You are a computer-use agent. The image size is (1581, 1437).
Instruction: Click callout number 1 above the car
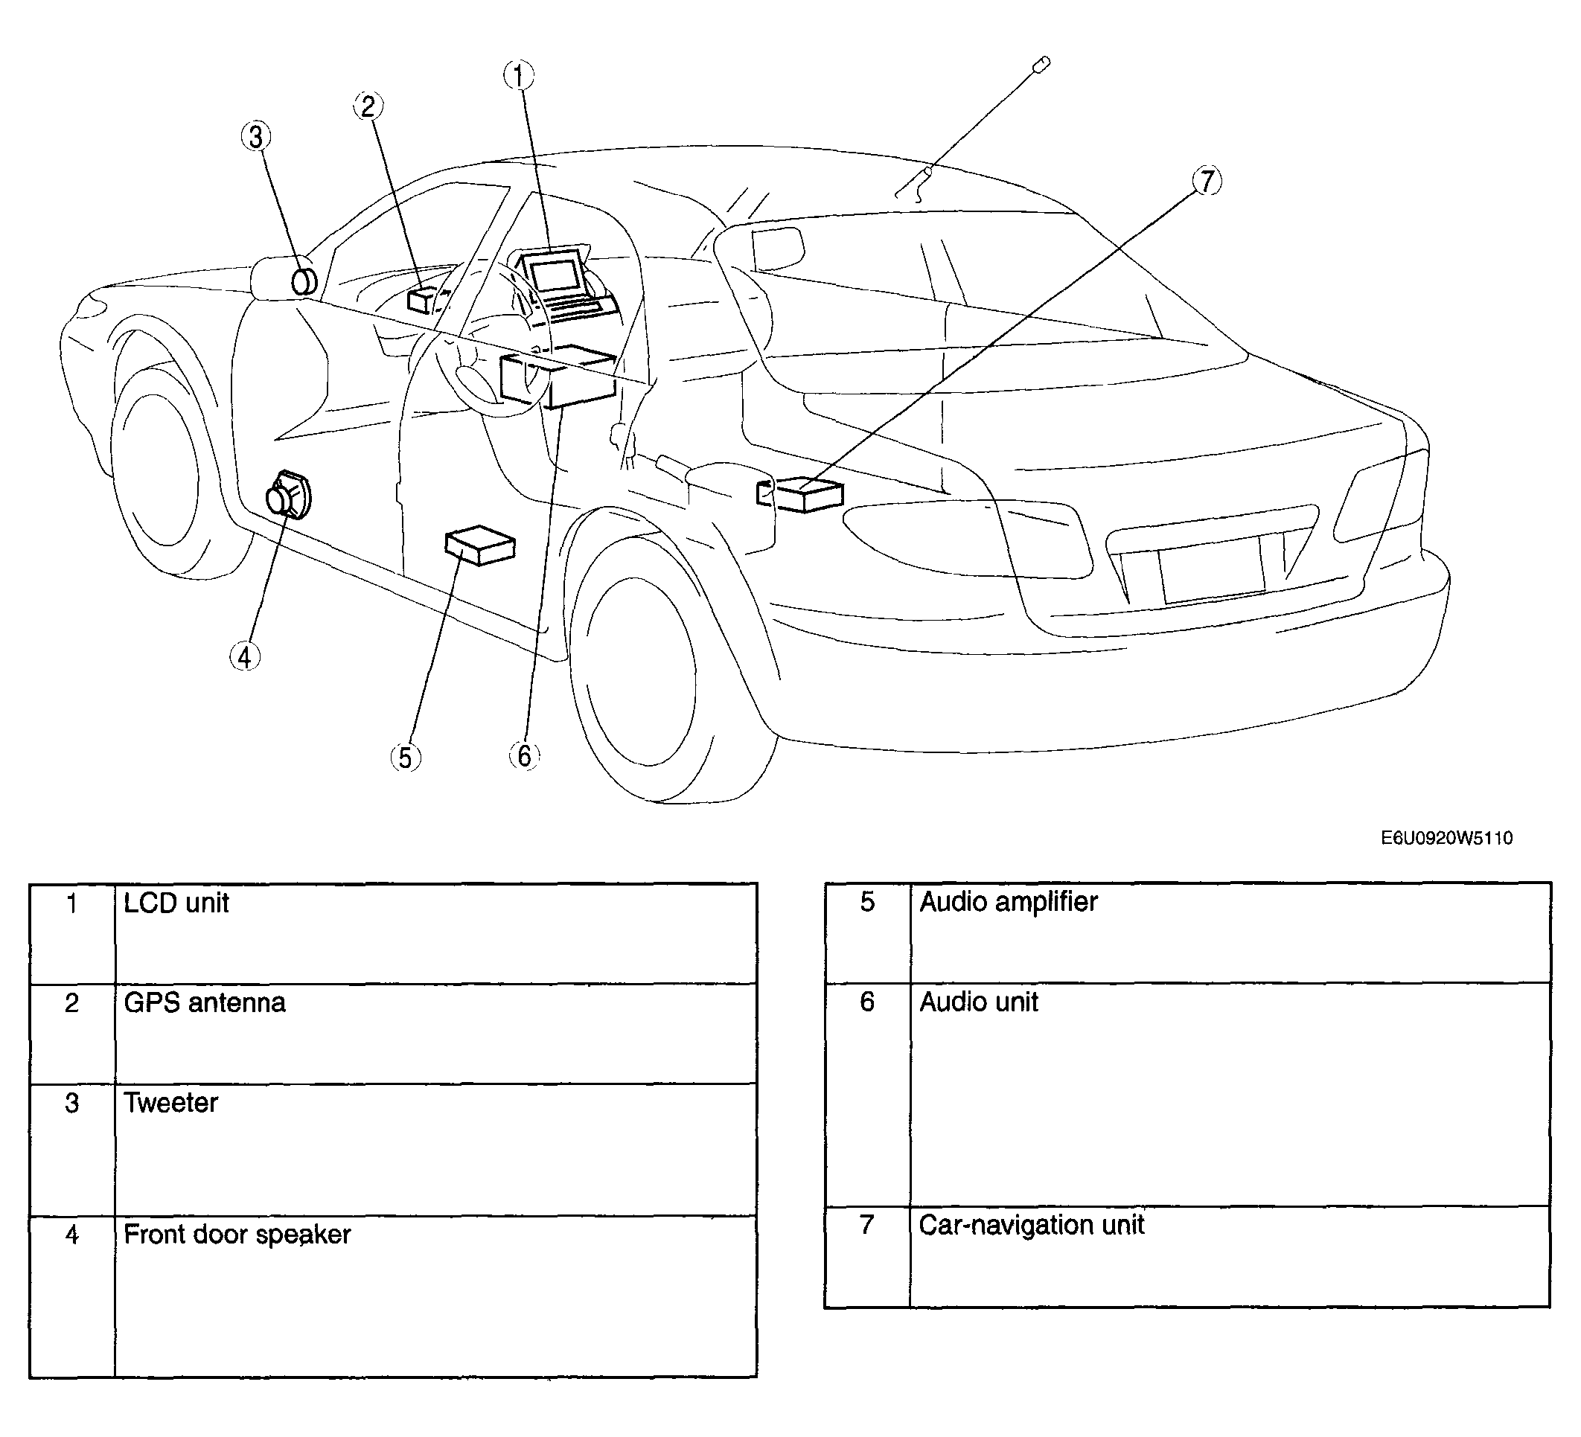coord(518,76)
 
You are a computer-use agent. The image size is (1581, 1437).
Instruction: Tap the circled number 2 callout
coord(368,106)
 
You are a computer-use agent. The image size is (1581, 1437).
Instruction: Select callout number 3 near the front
coord(255,137)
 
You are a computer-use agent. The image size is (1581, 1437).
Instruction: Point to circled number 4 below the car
coord(245,657)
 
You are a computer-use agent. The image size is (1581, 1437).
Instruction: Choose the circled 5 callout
coord(406,758)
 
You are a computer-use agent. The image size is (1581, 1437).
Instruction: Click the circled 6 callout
coord(524,756)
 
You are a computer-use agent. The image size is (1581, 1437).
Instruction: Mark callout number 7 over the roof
coord(1207,181)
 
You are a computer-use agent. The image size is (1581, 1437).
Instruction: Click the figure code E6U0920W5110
coord(1447,838)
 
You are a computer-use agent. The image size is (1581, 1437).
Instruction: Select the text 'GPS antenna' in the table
coord(205,1002)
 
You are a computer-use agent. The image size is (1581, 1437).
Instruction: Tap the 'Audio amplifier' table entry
coord(1009,903)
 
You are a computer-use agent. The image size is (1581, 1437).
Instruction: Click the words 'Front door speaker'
coord(237,1235)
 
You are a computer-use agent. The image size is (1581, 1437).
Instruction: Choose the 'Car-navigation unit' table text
coord(1031,1225)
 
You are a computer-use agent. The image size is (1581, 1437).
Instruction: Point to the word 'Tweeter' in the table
coord(171,1103)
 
